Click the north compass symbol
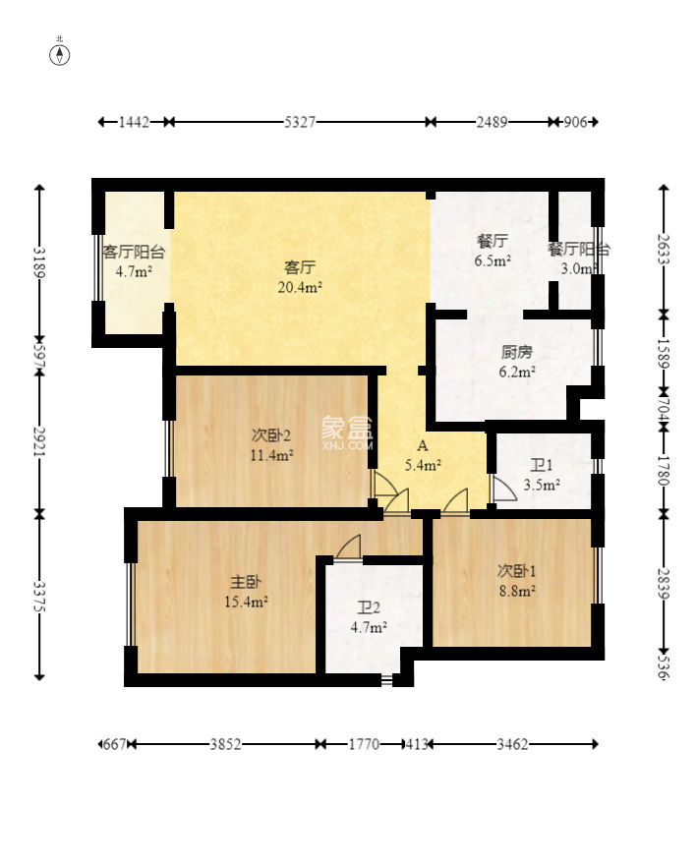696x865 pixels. pos(60,55)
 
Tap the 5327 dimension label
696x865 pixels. pos(300,122)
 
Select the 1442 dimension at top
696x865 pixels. pos(134,122)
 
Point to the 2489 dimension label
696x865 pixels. pos(492,122)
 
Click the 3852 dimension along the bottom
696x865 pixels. pos(225,745)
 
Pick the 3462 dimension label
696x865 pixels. pos(512,745)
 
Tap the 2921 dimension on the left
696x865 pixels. pos(39,441)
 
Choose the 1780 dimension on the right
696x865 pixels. pos(664,470)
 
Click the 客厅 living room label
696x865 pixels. pos(300,267)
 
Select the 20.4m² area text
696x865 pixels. pos(300,287)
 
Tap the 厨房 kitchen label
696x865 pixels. pos(517,352)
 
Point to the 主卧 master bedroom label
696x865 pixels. pos(246,582)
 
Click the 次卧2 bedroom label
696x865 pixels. pos(270,435)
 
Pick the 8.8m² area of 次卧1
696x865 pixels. pos(517,592)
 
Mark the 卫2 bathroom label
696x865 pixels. pos(369,607)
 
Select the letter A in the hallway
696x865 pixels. pos(423,445)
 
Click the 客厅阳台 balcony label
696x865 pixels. pos(134,252)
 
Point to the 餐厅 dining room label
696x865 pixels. pos(493,241)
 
